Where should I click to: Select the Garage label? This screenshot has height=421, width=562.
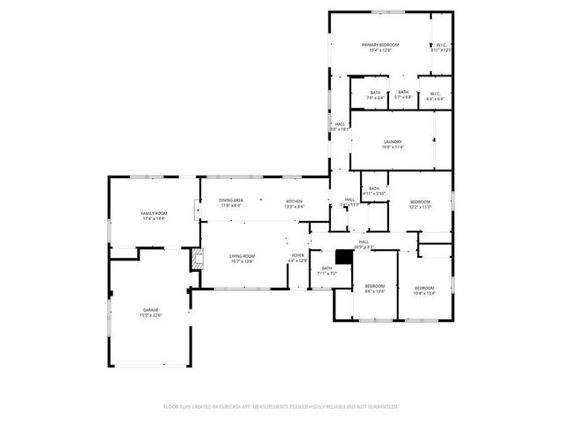151,312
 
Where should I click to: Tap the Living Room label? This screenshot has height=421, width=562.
241,258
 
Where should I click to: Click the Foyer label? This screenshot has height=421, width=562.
299,258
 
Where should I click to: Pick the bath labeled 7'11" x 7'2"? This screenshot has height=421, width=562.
327,271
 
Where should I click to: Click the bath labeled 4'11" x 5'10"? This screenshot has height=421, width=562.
374,191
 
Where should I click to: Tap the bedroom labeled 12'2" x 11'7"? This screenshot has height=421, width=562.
420,205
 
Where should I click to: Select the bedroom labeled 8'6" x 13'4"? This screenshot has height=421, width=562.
375,289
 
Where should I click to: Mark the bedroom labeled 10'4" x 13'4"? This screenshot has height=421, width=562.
424,290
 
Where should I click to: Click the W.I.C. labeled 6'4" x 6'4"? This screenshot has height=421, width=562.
435,95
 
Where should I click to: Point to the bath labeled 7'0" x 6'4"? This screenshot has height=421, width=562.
375,95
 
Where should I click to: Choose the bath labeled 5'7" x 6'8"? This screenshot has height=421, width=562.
403,94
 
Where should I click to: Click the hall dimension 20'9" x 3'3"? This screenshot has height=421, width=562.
364,247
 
